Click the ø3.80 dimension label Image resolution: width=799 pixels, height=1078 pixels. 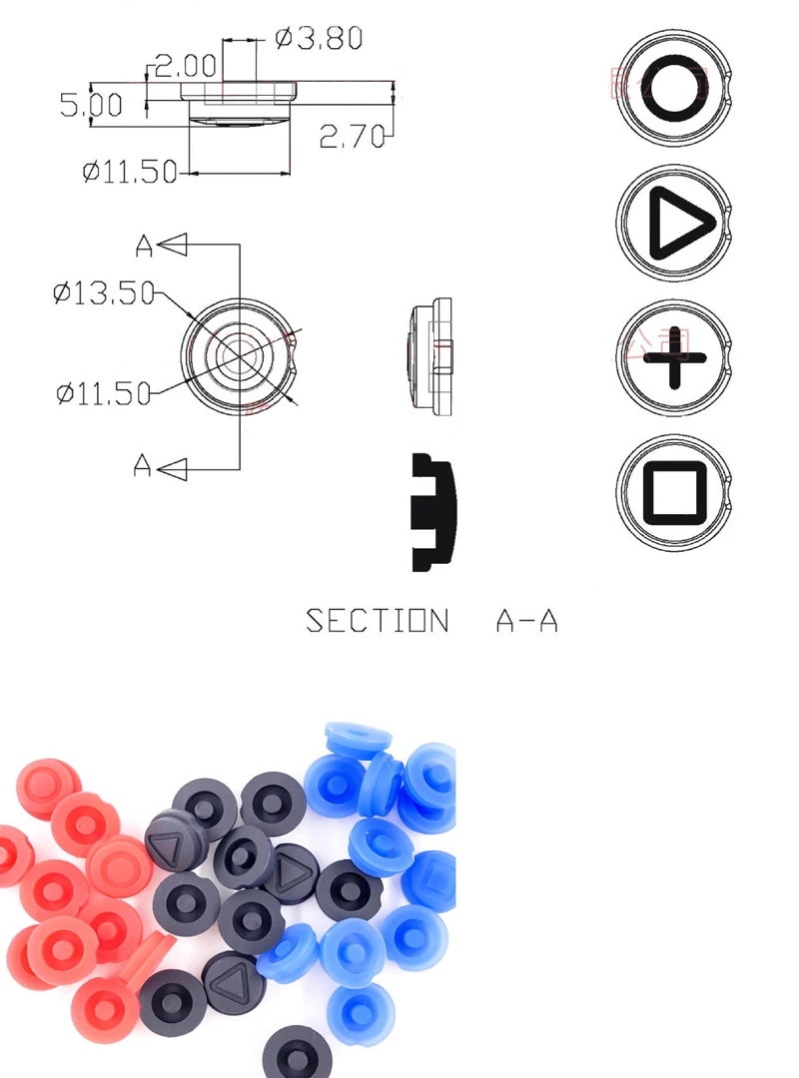tap(318, 39)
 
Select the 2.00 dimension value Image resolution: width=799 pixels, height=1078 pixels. tap(186, 67)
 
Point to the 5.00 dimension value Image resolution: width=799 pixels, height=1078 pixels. tap(91, 104)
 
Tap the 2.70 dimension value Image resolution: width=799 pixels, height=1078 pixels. tap(352, 137)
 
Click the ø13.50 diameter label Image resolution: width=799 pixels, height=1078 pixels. tap(104, 292)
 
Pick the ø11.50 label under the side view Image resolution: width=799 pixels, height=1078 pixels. tap(130, 172)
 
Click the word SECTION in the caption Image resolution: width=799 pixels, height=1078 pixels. tap(377, 621)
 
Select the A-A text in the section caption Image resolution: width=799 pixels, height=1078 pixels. tap(526, 621)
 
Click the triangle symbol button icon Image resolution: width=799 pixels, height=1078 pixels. tap(674, 225)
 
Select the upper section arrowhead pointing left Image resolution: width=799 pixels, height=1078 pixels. tap(174, 244)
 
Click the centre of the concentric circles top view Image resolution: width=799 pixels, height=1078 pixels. tap(240, 354)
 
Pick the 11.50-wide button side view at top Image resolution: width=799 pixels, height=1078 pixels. tap(239, 103)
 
